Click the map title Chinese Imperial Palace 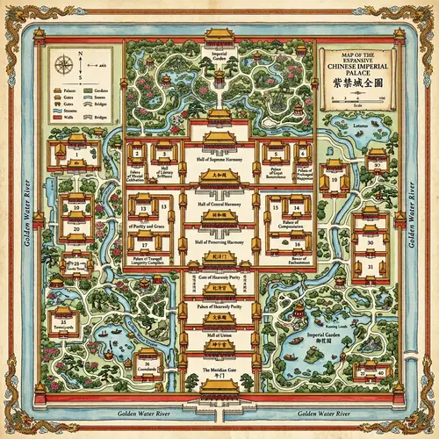click(359, 64)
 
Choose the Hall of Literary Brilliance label click(164, 170)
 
